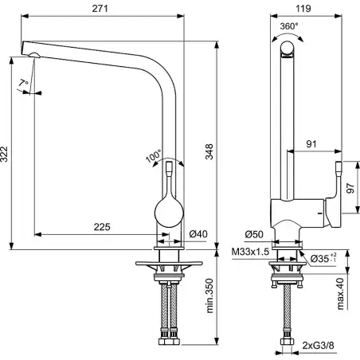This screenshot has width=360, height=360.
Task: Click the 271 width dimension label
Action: (x=100, y=9)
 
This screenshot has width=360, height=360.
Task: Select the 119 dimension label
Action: (x=303, y=9)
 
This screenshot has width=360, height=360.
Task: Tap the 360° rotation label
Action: (x=289, y=26)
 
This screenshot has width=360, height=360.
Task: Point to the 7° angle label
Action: (x=23, y=83)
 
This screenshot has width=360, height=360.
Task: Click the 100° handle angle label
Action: (x=154, y=156)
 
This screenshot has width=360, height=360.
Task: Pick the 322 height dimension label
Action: (x=5, y=154)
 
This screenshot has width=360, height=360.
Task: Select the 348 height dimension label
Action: (x=209, y=151)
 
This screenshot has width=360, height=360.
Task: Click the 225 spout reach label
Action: (x=102, y=227)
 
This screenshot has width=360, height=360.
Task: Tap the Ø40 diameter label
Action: (x=198, y=234)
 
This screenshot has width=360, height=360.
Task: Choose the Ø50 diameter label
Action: (x=254, y=234)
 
